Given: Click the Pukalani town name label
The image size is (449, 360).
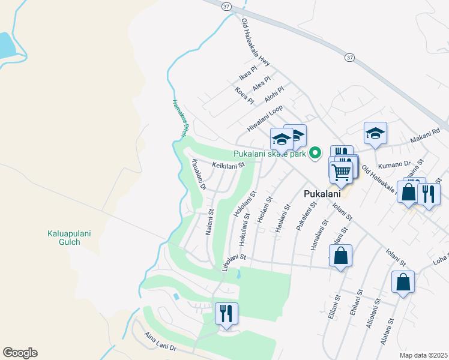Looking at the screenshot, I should pyautogui.click(x=322, y=194).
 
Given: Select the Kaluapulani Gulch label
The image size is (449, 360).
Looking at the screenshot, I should pyautogui.click(x=72, y=238).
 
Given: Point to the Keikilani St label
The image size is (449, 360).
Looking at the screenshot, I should pyautogui.click(x=229, y=165).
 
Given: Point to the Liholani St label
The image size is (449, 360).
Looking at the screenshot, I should pyautogui.click(x=234, y=263).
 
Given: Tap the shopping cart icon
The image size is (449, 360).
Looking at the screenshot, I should pyautogui.click(x=342, y=172).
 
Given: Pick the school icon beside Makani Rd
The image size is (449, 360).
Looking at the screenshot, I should pyautogui.click(x=375, y=133).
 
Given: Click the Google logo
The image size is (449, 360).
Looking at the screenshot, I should pyautogui.click(x=20, y=353).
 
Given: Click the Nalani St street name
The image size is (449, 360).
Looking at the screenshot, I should pyautogui.click(x=211, y=222).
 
